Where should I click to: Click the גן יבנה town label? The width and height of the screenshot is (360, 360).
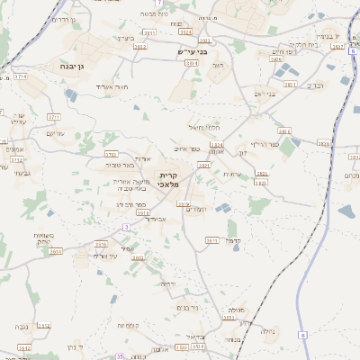coord(53,67)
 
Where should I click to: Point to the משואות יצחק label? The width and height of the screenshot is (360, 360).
coord(38,238)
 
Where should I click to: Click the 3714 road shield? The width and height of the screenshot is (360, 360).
coord(20,77)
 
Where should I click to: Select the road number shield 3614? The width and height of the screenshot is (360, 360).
coord(56,252)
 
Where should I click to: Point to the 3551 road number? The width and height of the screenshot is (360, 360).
coord(229,317)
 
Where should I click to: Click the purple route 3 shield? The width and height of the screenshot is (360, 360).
coord(127,228)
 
